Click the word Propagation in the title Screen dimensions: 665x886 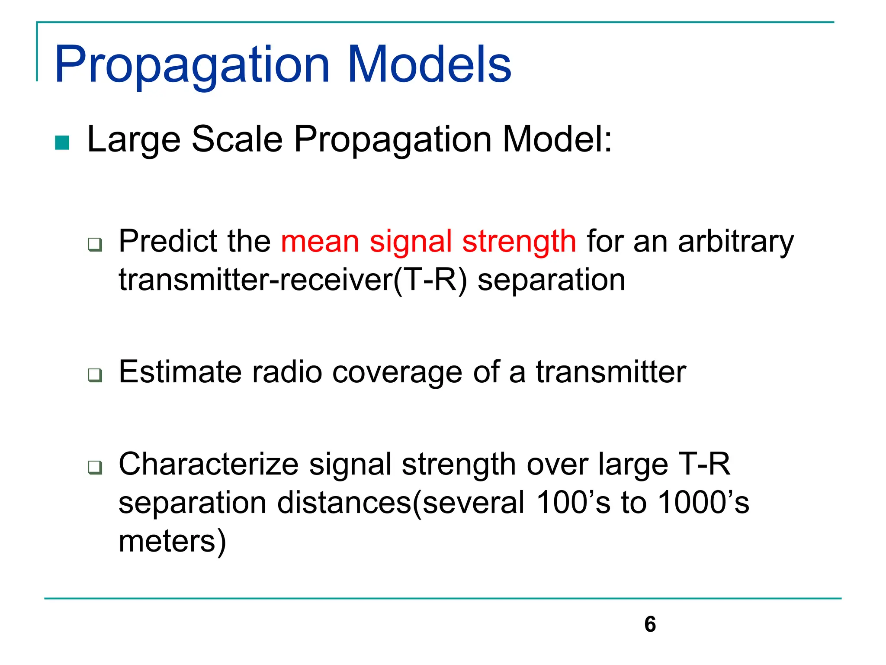pyautogui.click(x=192, y=65)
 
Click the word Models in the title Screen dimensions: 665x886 pyautogui.click(x=429, y=65)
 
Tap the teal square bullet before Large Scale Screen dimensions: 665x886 pyautogui.click(x=62, y=143)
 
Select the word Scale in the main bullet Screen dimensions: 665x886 pyautogui.click(x=237, y=139)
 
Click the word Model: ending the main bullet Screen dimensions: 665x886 pyautogui.click(x=557, y=139)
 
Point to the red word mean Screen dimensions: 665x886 pyautogui.click(x=320, y=241)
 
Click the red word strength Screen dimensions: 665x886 pyautogui.click(x=519, y=241)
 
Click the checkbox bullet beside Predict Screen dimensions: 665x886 pyautogui.click(x=95, y=245)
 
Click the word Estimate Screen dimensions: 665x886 pyautogui.click(x=180, y=372)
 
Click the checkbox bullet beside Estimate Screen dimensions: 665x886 pyautogui.click(x=95, y=375)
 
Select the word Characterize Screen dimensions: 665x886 pyautogui.click(x=209, y=464)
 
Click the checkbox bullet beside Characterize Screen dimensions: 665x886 pyautogui.click(x=95, y=468)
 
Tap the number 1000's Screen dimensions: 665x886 pyautogui.click(x=703, y=503)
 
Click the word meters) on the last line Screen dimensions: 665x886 pyautogui.click(x=172, y=541)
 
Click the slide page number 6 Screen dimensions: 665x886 pyautogui.click(x=650, y=624)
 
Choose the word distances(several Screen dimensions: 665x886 pyautogui.click(x=401, y=503)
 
